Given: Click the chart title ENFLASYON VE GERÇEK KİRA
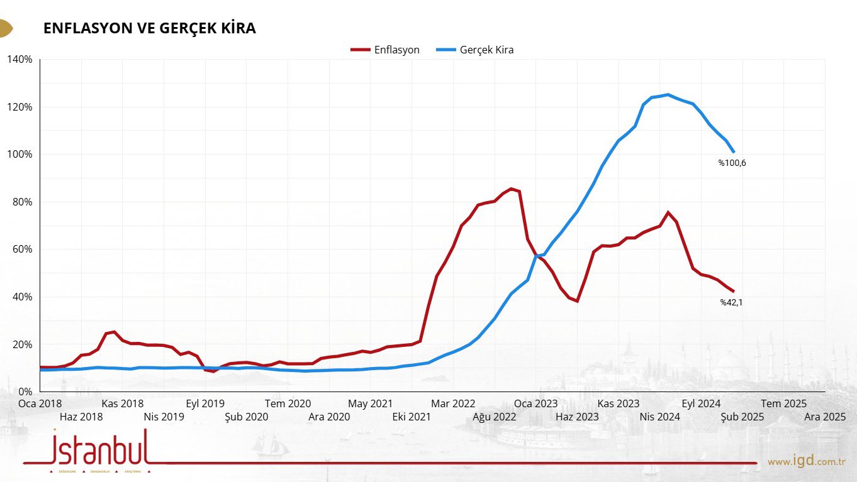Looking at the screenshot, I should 149,28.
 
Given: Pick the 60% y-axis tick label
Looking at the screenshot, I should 21,249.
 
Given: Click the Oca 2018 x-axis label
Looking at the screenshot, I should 40,403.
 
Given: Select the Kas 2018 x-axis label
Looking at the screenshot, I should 122,403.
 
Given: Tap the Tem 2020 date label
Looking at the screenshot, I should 288,403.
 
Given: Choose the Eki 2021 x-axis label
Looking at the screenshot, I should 411,416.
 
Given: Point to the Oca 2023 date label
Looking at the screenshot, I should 536,403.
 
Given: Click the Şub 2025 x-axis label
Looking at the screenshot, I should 742,416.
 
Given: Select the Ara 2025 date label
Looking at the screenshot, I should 825,416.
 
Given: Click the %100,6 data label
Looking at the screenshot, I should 732,163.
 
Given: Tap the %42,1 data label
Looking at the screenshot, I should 732,302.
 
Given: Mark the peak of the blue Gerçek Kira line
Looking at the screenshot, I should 668,95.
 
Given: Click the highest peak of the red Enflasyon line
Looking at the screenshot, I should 511,189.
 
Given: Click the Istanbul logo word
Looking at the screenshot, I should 101,447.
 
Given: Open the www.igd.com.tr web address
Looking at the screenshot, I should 805,462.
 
